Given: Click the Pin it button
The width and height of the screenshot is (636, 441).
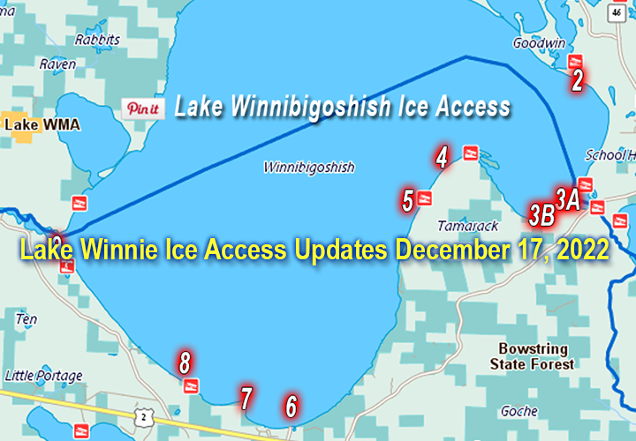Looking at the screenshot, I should tap(142, 109).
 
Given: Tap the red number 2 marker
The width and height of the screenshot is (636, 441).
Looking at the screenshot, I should tap(577, 81).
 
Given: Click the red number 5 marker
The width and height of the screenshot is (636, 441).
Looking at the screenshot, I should tap(408, 200).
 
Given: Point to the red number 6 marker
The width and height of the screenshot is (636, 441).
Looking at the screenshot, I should tap(291, 407).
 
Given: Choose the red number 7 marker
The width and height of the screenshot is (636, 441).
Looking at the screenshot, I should tap(246, 398).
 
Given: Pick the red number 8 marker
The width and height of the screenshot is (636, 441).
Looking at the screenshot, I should tap(185, 362).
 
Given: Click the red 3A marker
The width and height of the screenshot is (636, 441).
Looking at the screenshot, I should tap(567, 198).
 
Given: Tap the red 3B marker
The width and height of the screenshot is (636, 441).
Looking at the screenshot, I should tap(541, 213).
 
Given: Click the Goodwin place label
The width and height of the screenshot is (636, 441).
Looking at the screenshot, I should tap(533, 41).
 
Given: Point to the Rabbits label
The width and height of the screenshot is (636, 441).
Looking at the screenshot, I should tap(97, 40).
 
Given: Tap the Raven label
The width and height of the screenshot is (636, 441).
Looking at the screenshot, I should tap(57, 64).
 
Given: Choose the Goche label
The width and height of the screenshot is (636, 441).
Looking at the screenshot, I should tap(519, 411).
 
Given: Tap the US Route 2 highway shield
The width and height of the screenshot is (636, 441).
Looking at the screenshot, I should tap(145, 413).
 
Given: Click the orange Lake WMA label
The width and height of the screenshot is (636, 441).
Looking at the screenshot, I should tap(42, 124).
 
